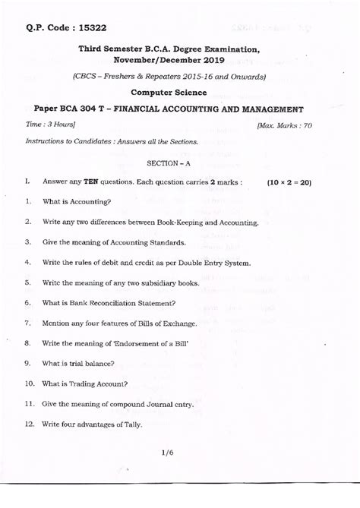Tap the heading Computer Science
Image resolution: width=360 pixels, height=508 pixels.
coord(169,92)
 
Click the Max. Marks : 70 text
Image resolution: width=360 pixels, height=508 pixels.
coord(284,125)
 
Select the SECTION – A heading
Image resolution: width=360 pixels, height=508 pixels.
coord(169,163)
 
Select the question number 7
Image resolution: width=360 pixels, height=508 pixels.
coord(27,323)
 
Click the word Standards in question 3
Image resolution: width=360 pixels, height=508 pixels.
coord(166,242)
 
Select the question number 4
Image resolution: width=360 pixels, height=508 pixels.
coord(27,262)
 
